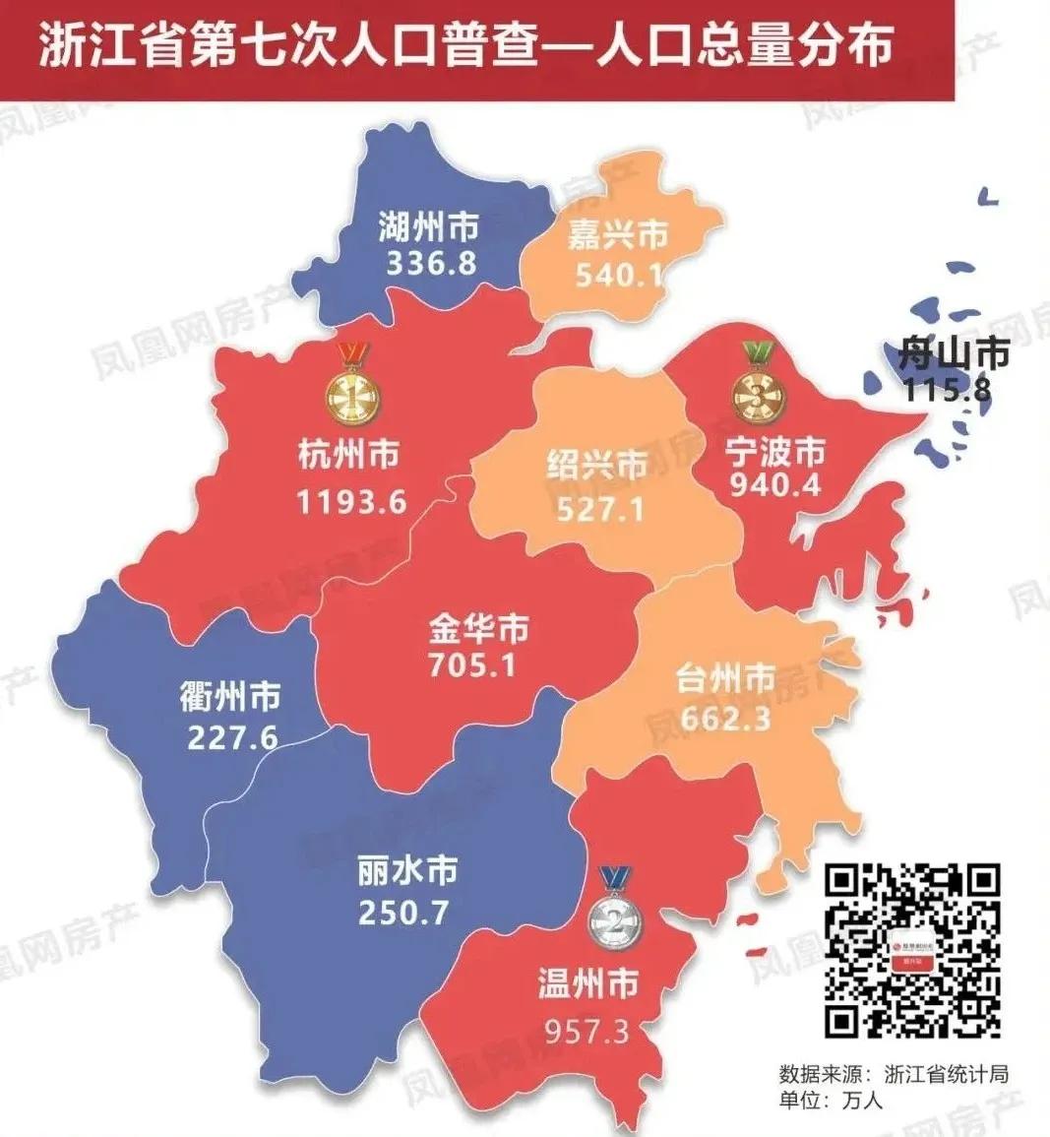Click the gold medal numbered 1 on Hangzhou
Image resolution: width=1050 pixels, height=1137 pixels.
(351, 394)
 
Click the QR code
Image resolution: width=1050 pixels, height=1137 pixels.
(911, 950)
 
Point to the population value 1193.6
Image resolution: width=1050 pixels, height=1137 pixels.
(351, 502)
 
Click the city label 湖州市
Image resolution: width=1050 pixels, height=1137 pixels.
(429, 228)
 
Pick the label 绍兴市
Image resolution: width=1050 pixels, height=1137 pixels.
(597, 465)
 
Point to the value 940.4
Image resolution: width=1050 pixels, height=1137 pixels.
(775, 484)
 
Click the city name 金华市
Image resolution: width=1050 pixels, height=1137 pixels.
(478, 628)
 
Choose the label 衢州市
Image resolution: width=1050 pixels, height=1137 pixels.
(229, 696)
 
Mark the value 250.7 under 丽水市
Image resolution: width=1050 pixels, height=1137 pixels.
(402, 912)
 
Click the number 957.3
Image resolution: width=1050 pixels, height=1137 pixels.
(587, 1032)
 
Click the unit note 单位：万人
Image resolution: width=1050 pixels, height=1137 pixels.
(831, 1101)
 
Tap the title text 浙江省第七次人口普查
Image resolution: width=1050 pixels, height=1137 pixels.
(296, 47)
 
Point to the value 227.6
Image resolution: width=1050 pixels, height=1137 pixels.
(231, 736)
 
